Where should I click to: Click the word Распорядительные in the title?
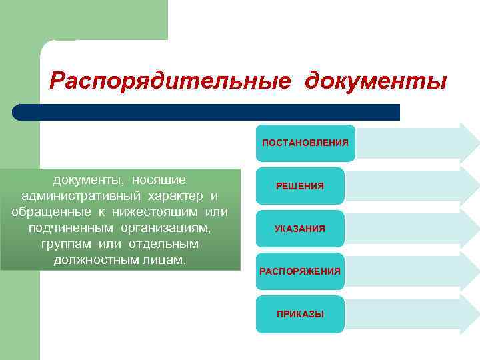[170, 81]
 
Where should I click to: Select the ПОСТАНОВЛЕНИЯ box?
[305, 143]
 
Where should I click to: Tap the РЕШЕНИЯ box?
[300, 186]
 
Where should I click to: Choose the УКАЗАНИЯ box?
[300, 229]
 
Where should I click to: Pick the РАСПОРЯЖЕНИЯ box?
[300, 271]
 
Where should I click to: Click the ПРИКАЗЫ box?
[300, 314]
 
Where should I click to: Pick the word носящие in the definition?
[159, 179]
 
